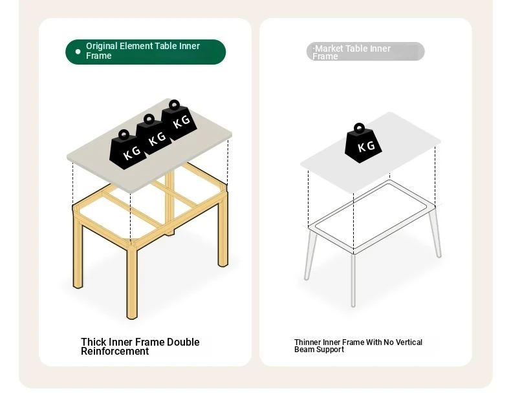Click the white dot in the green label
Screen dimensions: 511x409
78,52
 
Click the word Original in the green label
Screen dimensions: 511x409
102,47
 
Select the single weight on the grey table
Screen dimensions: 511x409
363,143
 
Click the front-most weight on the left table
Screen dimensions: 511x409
127,150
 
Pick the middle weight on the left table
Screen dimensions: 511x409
153,134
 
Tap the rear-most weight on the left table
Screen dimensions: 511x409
179,120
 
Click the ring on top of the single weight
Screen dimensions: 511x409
360,128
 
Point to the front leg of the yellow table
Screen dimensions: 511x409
132,280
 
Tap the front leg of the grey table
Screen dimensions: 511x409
353,280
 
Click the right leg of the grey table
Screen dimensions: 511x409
435,232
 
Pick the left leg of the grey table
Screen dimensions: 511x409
310,254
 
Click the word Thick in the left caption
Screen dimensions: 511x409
94,342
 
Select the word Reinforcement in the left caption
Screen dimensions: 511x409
114,351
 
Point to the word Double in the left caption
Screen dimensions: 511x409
183,342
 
